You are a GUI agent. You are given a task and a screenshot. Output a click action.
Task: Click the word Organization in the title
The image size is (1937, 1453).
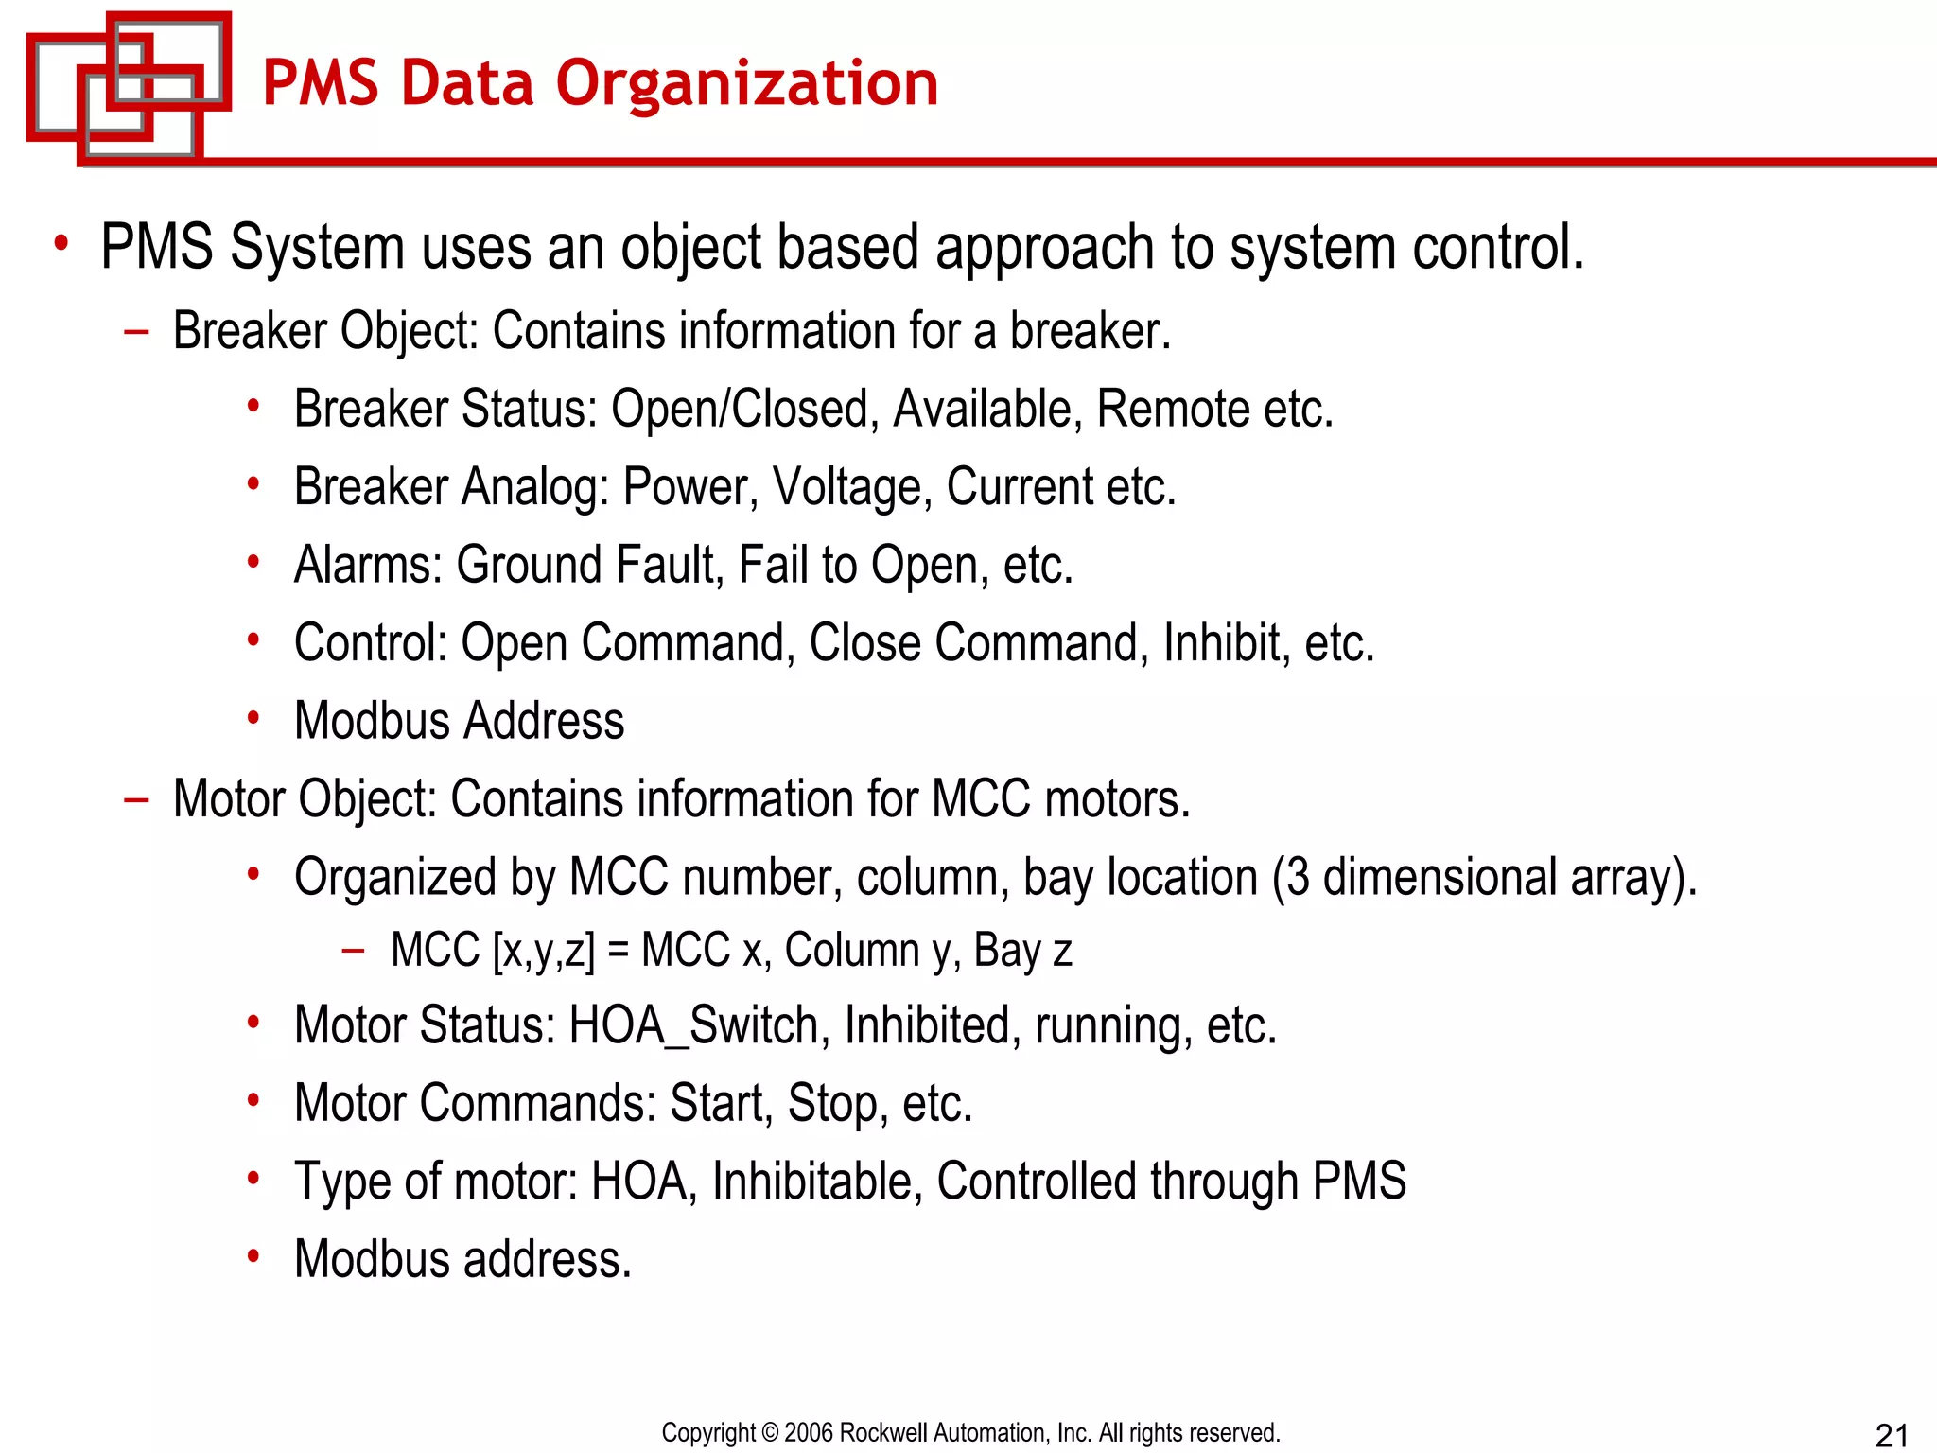click(747, 83)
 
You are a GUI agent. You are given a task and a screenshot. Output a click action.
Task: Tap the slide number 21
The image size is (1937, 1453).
click(1892, 1434)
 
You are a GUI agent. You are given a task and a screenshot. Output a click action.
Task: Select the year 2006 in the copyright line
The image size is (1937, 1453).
click(809, 1433)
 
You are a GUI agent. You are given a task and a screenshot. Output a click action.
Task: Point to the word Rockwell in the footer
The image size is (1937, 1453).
click(883, 1433)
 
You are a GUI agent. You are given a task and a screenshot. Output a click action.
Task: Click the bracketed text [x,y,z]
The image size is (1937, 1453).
click(544, 951)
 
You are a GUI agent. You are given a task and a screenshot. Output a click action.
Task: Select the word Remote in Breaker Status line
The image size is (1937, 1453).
click(1173, 410)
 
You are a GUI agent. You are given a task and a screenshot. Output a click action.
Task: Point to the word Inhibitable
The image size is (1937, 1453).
click(817, 1182)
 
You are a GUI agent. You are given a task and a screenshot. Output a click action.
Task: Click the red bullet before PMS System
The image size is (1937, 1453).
click(61, 243)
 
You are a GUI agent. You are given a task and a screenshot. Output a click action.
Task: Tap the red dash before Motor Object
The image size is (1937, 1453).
click(137, 799)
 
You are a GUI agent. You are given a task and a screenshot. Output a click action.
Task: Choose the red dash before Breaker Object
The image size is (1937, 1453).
click(137, 331)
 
